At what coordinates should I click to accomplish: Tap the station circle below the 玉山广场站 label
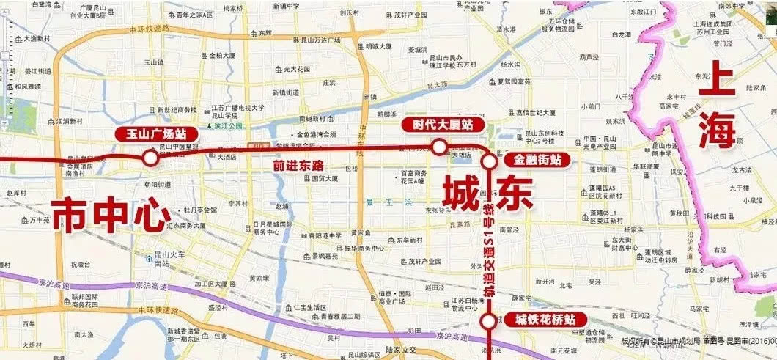click(150, 157)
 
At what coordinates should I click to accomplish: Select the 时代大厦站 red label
click(437, 125)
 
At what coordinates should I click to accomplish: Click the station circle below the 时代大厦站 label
click(439, 147)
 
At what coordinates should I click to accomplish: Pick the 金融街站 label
click(537, 158)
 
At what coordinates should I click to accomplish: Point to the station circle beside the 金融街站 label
click(489, 161)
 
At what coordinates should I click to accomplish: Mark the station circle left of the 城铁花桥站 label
click(487, 321)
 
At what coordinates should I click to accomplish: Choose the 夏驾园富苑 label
click(513, 81)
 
